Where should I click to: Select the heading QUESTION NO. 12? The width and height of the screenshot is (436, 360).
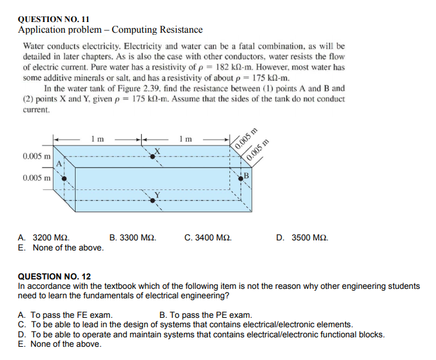coord(54,276)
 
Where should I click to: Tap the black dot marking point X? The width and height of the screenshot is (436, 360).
coord(152,156)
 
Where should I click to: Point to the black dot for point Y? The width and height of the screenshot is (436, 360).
coord(152,200)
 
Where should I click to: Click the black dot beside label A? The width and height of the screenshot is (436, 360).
coord(63,177)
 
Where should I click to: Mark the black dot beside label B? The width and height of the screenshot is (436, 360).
coord(241,179)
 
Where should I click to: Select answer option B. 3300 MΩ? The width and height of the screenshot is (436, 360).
coord(133,238)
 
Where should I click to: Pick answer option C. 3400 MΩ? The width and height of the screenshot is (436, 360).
coord(208,238)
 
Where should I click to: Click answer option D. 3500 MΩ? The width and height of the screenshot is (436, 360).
coord(302,238)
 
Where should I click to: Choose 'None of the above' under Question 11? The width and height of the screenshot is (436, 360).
coord(61,247)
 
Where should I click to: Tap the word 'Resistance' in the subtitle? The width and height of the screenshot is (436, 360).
coord(180,30)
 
